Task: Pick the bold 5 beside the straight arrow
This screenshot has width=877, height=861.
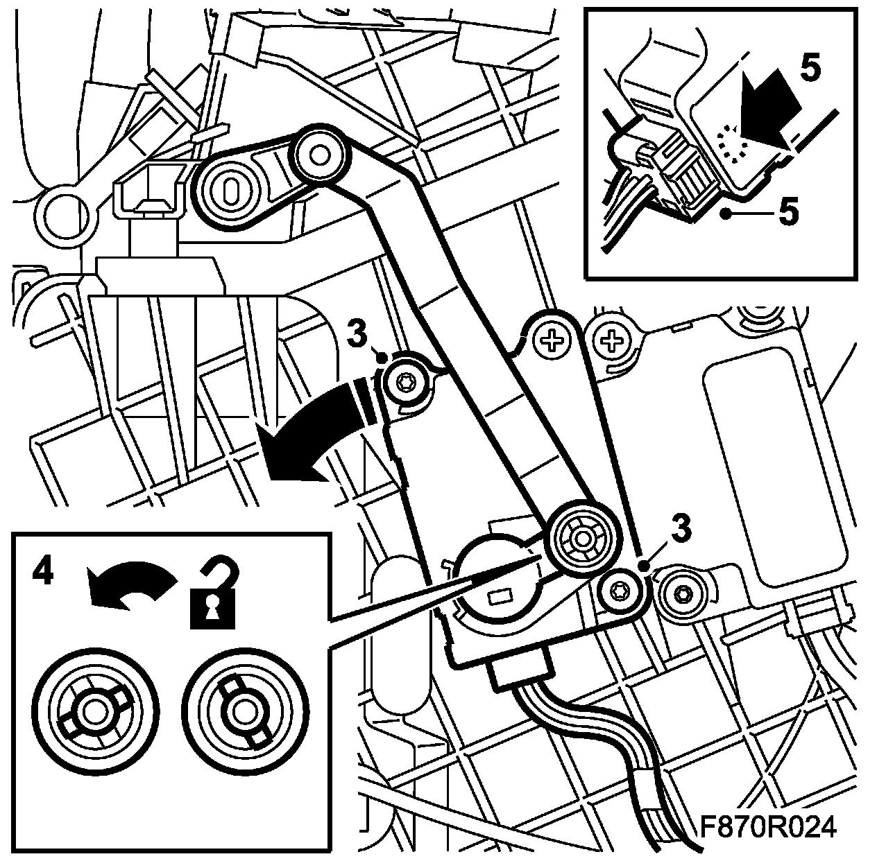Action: (810, 69)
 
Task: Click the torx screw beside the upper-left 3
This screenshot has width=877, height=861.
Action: (405, 382)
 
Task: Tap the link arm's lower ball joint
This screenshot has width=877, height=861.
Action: (581, 539)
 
